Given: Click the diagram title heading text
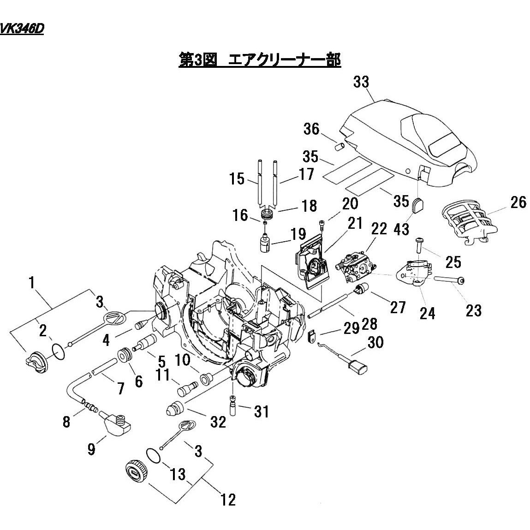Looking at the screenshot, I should pos(259,60).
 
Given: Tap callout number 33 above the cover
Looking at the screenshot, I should pos(361,83).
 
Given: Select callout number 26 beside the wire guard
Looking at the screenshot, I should pos(518,202).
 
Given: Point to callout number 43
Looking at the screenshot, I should pos(401,229).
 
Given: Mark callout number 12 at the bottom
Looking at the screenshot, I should pos(228,499).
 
